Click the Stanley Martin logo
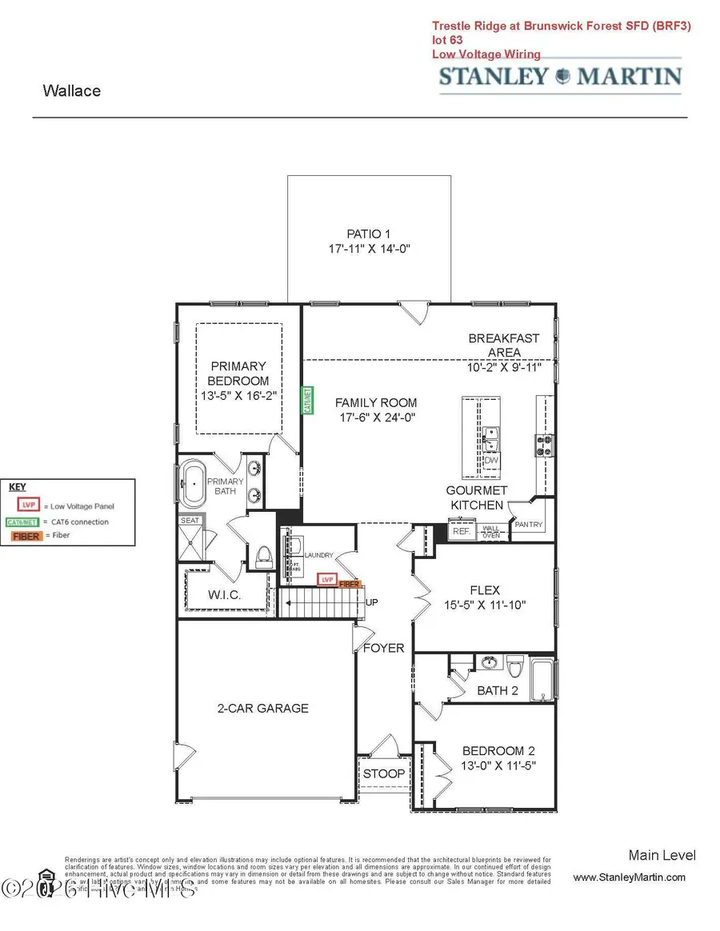tap(560, 78)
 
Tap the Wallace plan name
tap(72, 90)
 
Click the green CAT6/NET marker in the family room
tap(306, 401)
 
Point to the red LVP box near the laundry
tap(326, 579)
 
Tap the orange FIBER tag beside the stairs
tap(350, 585)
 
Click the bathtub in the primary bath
tap(192, 483)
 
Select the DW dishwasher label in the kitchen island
tap(491, 461)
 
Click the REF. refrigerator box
tap(460, 530)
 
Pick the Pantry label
tap(529, 525)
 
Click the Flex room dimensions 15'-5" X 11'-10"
tap(485, 606)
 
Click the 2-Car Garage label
tap(262, 708)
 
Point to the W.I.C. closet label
tap(224, 596)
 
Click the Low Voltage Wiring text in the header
tap(486, 54)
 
